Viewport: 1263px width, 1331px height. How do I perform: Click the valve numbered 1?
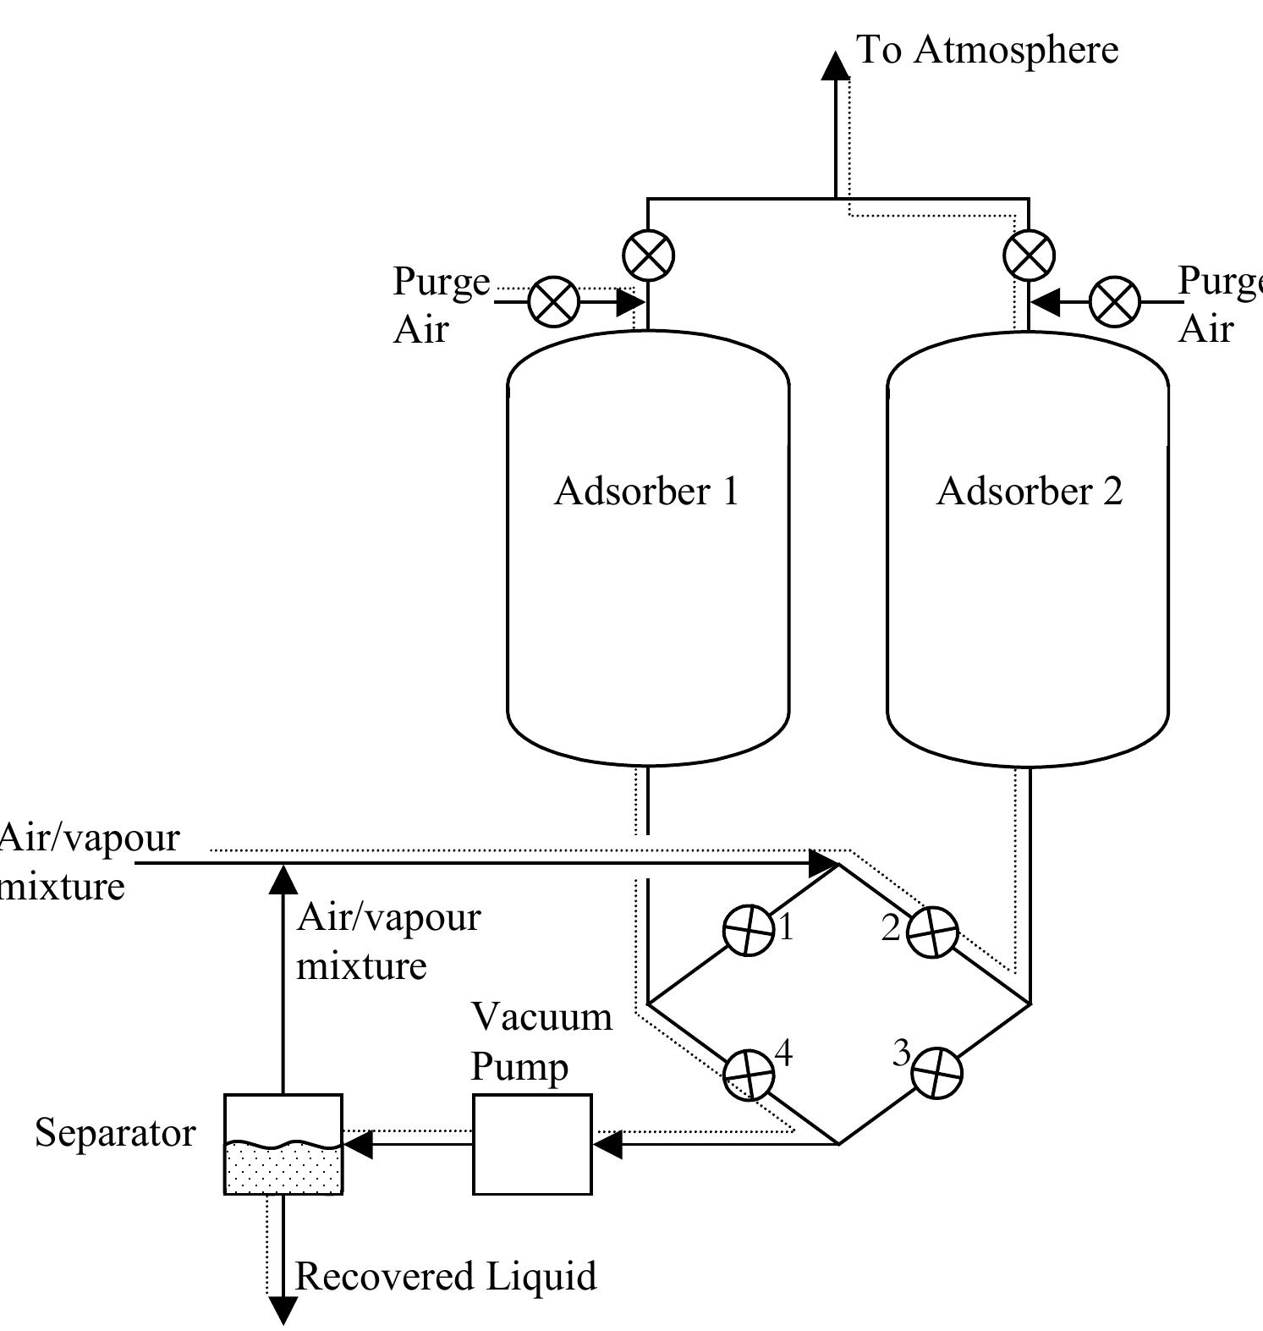[749, 930]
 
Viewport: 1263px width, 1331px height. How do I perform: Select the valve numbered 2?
[932, 932]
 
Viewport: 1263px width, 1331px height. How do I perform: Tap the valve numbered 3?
[936, 1073]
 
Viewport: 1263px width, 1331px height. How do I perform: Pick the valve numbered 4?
[749, 1074]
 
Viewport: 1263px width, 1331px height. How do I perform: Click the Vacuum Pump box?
[531, 1144]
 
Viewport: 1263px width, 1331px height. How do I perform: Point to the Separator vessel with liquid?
[283, 1144]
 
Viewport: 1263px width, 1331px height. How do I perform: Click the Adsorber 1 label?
[646, 492]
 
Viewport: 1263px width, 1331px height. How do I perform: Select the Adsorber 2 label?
[1030, 492]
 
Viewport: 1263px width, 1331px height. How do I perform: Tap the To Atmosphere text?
[987, 50]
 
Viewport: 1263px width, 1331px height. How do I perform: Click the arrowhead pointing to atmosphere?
[836, 65]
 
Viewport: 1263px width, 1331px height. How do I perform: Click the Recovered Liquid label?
[445, 1276]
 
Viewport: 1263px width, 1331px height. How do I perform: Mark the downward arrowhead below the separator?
[283, 1310]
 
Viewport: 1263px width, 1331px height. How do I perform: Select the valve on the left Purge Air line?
[554, 301]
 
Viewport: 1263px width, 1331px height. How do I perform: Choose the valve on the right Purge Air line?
[1115, 301]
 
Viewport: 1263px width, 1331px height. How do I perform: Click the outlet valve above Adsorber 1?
[648, 255]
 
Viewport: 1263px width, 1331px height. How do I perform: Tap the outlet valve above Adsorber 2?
[1029, 255]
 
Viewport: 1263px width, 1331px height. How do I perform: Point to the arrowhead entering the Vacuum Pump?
[607, 1145]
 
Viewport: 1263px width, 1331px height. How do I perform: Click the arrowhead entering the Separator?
[358, 1145]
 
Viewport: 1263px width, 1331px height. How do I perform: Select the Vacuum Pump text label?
[541, 1041]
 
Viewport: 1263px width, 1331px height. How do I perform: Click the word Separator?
[115, 1133]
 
